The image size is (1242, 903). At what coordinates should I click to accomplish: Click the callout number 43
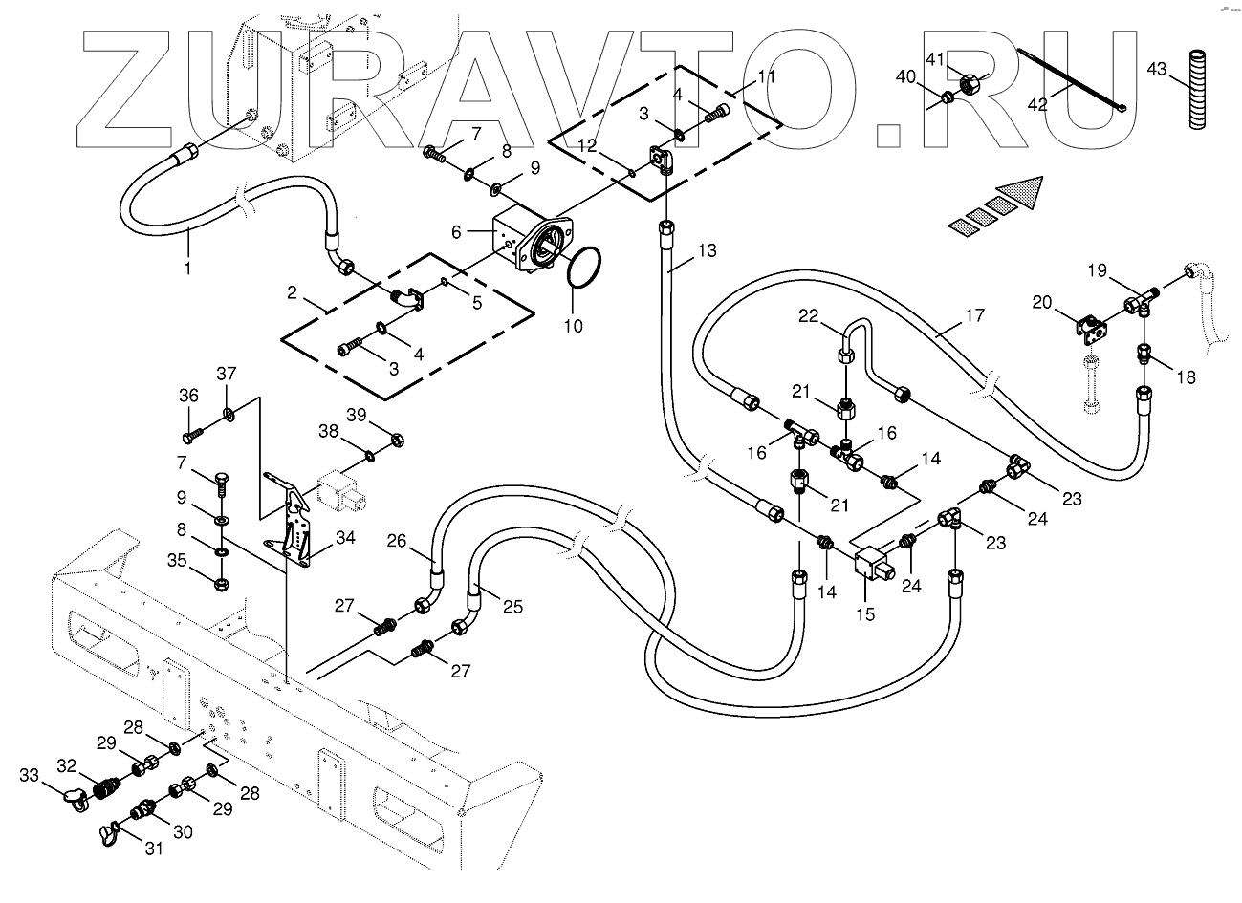click(x=1157, y=70)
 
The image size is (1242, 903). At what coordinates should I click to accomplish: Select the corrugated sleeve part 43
click(x=1199, y=89)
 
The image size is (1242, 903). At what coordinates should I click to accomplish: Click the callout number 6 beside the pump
click(x=456, y=231)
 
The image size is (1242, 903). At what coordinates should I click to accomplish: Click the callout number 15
click(x=865, y=614)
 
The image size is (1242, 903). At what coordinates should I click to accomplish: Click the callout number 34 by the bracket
click(x=345, y=537)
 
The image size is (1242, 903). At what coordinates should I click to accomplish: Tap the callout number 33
click(x=29, y=774)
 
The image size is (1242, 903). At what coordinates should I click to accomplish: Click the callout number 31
click(x=154, y=849)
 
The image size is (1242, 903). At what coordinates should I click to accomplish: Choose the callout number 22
click(x=808, y=315)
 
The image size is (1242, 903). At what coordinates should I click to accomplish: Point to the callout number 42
click(x=1037, y=104)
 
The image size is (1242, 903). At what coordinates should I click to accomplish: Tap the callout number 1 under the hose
click(x=187, y=269)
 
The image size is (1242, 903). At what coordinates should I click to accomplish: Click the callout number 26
click(x=397, y=540)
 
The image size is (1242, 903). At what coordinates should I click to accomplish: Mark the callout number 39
click(x=357, y=415)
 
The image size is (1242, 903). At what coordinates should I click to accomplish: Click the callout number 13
click(x=707, y=250)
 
